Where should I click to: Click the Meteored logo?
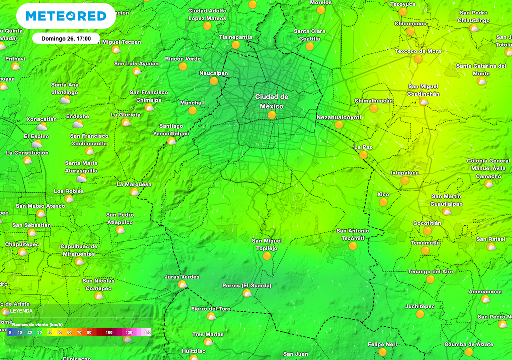[66, 16]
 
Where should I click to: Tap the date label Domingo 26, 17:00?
[63, 38]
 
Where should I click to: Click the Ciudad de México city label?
[272, 101]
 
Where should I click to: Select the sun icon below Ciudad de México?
[272, 115]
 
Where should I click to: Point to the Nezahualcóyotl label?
[339, 117]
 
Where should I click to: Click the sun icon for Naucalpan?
[214, 81]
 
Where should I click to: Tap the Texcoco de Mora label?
[418, 51]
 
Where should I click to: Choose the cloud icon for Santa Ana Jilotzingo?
[65, 100]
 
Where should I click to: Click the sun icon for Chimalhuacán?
[374, 108]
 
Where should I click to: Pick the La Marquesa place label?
[134, 184]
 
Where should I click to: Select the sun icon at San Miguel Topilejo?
[267, 256]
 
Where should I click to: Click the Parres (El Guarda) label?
[247, 286]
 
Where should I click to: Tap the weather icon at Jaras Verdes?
[182, 285]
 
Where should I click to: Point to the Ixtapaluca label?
[405, 173]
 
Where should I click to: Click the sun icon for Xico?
[383, 202]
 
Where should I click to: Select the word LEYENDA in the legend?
[21, 310]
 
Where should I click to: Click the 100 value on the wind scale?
[109, 332]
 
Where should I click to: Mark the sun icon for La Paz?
[363, 155]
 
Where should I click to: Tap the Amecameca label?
[485, 291]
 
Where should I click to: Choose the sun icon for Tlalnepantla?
[236, 45]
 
